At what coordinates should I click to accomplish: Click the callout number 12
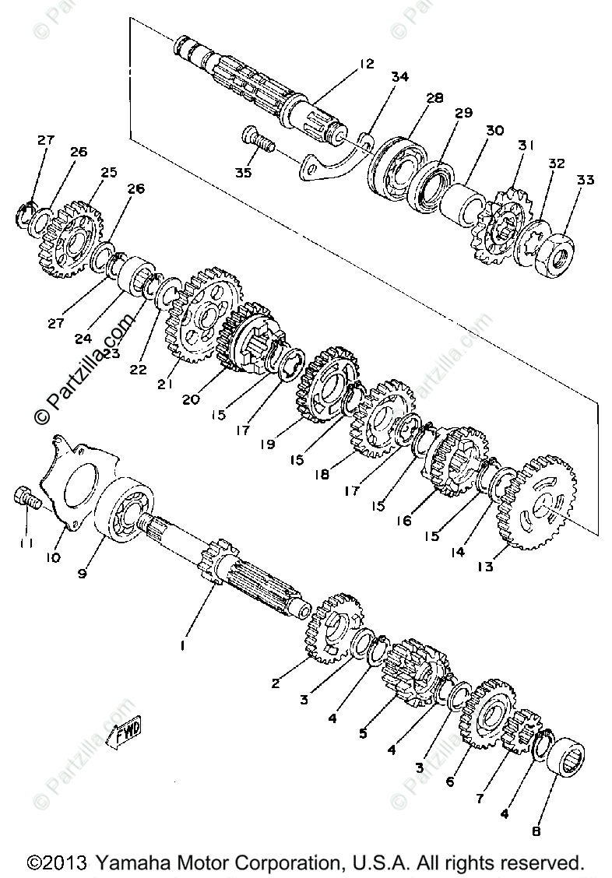(x=367, y=64)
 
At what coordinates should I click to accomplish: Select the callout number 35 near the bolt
(x=244, y=173)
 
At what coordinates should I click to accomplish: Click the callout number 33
(x=586, y=181)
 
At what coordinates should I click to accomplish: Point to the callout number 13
(x=486, y=567)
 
